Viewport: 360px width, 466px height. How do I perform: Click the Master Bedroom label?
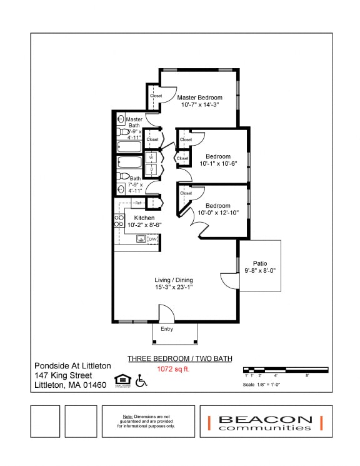click(x=199, y=98)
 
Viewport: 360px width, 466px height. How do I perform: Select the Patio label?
click(x=260, y=263)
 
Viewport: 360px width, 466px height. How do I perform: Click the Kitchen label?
click(x=144, y=218)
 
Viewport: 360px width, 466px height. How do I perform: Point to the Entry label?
click(x=167, y=329)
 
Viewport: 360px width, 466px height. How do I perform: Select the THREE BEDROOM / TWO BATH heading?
click(x=179, y=359)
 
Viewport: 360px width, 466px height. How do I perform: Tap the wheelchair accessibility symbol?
click(x=141, y=380)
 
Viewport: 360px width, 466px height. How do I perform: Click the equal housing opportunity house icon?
click(x=121, y=380)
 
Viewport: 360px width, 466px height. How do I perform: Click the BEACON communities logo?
click(x=265, y=423)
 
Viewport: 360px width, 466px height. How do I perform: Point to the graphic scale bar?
click(x=285, y=370)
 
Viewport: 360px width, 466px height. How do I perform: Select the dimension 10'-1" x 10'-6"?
click(x=218, y=164)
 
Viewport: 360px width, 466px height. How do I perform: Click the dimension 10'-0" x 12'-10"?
click(x=218, y=213)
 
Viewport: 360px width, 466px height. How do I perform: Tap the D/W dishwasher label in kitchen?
click(x=152, y=239)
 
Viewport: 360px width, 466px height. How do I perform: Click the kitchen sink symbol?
click(x=141, y=238)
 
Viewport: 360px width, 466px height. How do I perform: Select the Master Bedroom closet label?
click(x=156, y=96)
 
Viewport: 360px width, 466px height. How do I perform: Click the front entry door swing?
click(x=166, y=313)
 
